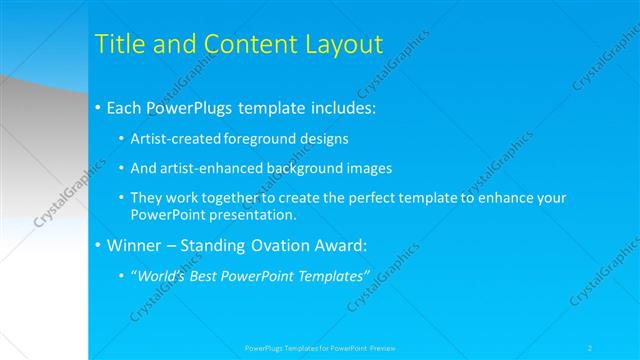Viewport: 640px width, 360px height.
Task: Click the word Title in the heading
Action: point(117,45)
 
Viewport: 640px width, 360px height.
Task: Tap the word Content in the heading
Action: point(244,45)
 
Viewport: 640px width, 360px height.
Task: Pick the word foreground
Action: point(252,139)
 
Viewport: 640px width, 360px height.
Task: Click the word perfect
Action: point(370,198)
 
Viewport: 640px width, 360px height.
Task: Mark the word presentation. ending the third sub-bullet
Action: point(254,215)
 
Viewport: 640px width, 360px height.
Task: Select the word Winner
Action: point(133,245)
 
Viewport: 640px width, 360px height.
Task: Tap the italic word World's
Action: point(162,275)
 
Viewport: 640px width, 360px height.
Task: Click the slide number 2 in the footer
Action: point(590,348)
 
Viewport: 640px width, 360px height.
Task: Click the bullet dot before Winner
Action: point(97,245)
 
